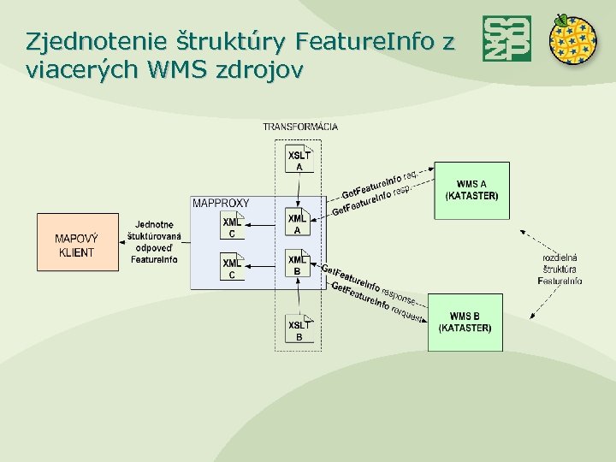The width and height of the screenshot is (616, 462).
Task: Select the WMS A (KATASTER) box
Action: pyautogui.click(x=471, y=190)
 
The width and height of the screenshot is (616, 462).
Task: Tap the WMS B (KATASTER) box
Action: pyautogui.click(x=465, y=322)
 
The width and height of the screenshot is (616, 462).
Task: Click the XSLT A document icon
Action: pyautogui.click(x=299, y=159)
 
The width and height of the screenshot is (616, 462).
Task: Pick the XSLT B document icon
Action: pyautogui.click(x=299, y=329)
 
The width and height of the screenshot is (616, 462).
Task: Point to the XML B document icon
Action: pyautogui.click(x=297, y=264)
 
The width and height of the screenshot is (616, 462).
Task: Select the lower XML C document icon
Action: pyautogui.click(x=232, y=266)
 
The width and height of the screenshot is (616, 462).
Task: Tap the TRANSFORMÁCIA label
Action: pyautogui.click(x=300, y=127)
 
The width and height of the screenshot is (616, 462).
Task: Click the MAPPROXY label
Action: pyautogui.click(x=221, y=203)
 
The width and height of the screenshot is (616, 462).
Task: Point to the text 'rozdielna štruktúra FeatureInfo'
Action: pyautogui.click(x=560, y=269)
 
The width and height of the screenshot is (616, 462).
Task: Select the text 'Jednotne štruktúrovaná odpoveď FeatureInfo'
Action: pyautogui.click(x=154, y=242)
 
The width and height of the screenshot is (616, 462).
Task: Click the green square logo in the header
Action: pyautogui.click(x=506, y=38)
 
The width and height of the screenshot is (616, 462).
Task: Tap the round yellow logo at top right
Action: pyautogui.click(x=572, y=40)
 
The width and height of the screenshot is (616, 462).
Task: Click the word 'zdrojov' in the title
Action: pyautogui.click(x=258, y=70)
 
